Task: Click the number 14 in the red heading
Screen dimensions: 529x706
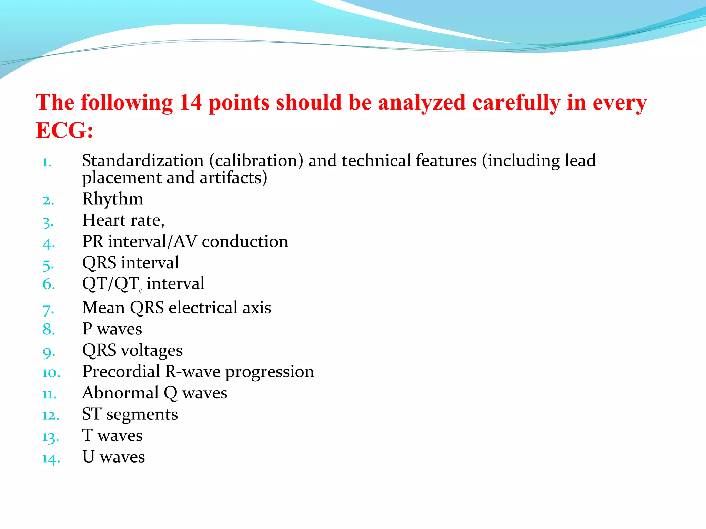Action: (190, 103)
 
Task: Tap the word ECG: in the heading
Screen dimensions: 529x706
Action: (64, 131)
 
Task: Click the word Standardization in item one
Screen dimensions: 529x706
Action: (143, 161)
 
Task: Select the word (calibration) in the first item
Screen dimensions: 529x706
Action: (256, 161)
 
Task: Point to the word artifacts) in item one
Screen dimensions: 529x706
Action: (233, 178)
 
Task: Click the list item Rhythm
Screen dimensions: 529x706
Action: (113, 199)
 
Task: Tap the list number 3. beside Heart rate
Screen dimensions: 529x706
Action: (48, 222)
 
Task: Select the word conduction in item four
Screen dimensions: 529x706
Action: (245, 241)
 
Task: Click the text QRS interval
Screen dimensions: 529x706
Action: (130, 263)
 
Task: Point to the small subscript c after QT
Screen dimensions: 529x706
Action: (140, 291)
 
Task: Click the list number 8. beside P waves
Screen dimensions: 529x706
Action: (49, 330)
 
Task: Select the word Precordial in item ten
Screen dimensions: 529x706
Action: (121, 372)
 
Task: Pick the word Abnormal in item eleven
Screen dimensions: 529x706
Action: (120, 393)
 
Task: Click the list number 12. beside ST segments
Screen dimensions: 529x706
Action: (50, 416)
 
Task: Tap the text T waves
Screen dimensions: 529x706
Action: (112, 436)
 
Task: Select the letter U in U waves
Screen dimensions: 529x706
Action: (88, 457)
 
